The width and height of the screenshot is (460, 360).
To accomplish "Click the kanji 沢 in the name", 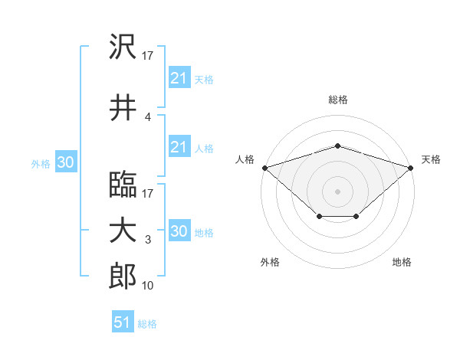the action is coord(123,46).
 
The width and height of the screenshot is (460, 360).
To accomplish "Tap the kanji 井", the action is coord(123,107).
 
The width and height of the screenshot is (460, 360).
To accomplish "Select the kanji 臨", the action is coord(123,185).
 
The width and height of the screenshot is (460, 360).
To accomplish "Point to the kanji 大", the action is coord(123,231).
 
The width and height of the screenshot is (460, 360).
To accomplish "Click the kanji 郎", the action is coord(123,276).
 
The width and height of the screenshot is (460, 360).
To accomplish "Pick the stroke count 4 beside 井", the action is coord(147,117).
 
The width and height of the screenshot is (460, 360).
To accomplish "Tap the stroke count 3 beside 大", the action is coord(148,240).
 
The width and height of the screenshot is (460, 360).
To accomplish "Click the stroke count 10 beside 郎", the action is coord(147,286).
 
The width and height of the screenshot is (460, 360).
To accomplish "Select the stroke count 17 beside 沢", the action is coord(147,56).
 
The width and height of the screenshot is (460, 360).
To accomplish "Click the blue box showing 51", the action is coord(123,321).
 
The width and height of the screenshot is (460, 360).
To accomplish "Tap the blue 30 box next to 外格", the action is coord(66,162).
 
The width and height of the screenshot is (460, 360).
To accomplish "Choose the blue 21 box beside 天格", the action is coord(179,77).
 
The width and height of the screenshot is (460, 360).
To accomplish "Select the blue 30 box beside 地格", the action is coord(179,230).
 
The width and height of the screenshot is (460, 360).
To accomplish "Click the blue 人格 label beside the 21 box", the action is coord(204,149).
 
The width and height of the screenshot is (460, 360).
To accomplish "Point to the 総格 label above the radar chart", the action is coord(338,100).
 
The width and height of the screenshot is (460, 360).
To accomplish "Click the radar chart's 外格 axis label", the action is coord(270,262).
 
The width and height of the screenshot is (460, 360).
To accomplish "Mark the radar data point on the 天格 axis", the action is coord(411,168).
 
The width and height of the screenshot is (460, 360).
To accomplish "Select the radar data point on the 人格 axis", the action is coord(265,168).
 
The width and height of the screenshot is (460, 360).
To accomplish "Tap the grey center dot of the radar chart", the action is coord(337,191).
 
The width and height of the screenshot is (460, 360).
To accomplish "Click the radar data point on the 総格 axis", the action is coord(337,146).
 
